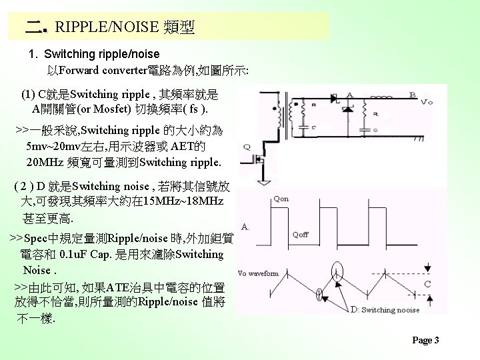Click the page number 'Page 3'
425,340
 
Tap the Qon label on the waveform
282,198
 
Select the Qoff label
301,234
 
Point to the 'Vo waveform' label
258,273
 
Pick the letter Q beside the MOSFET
247,147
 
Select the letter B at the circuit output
413,94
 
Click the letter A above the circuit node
350,94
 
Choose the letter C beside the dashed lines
427,283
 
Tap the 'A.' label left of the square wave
245,227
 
